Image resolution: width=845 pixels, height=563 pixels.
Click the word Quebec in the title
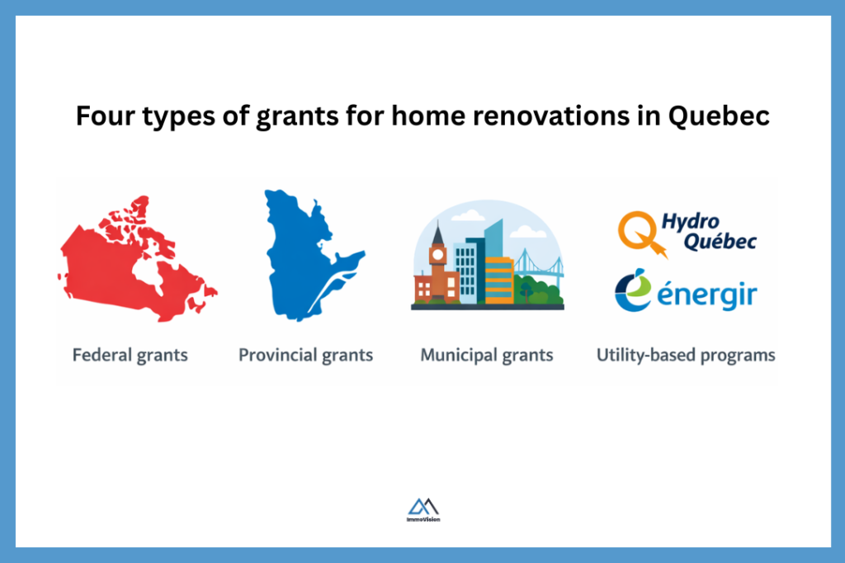[717, 116]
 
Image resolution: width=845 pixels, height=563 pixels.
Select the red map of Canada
[132, 260]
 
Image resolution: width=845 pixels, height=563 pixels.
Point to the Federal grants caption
[130, 356]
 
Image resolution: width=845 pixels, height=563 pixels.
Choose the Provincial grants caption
[305, 356]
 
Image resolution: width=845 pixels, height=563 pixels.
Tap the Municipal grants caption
[487, 356]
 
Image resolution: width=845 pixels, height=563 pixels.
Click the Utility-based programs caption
[686, 356]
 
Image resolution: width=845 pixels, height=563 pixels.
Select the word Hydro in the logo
[692, 221]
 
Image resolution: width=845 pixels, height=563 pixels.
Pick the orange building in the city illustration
[498, 281]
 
